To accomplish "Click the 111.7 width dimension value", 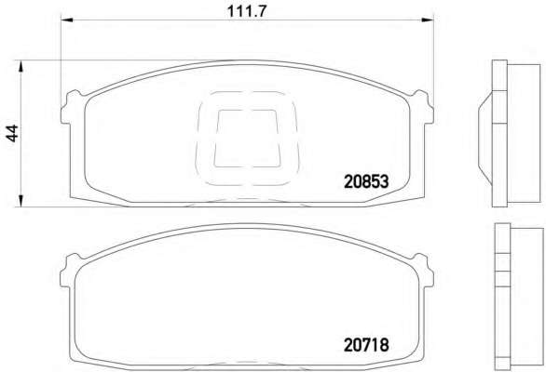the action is point(247,11).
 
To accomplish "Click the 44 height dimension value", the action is point(12,133).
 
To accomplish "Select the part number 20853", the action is point(366,181).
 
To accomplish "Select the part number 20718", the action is point(366,345).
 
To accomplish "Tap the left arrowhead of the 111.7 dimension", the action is point(67,20).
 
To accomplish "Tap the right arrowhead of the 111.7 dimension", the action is point(428,20).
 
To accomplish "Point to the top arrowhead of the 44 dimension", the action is point(20,66).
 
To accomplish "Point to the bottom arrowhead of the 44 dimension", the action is point(20,201).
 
